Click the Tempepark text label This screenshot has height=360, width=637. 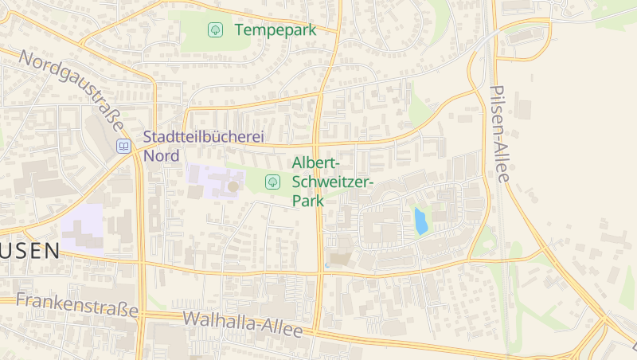276,30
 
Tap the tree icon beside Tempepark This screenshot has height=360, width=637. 214,30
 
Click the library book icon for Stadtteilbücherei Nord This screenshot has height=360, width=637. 123,146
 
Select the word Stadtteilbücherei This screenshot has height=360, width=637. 203,138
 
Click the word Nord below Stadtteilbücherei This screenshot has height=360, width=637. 162,155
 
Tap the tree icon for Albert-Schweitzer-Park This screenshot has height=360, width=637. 272,182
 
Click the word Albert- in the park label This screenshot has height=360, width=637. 316,164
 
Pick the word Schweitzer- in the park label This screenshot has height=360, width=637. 333,182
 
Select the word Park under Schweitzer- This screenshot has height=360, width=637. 308,201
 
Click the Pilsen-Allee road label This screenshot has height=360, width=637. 501,134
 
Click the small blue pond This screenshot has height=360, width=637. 420,221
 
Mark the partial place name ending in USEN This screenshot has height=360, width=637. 29,251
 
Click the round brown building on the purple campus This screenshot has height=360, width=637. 233,186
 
